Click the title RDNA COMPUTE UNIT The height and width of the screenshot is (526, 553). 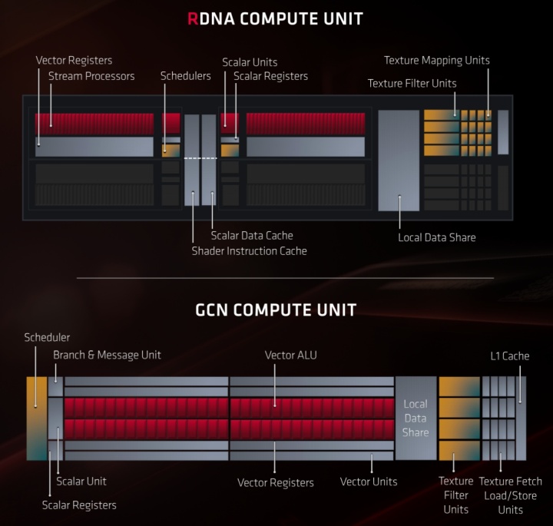click(276, 18)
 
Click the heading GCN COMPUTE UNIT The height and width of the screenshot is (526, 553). click(276, 310)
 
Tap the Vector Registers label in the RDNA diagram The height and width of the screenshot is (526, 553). click(74, 60)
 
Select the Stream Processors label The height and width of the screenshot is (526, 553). click(91, 76)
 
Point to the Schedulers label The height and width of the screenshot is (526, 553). click(185, 76)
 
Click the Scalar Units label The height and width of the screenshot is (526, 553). click(250, 62)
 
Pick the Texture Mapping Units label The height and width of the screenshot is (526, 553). click(436, 60)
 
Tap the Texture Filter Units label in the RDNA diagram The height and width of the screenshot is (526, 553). click(412, 83)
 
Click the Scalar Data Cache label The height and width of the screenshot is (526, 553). click(252, 235)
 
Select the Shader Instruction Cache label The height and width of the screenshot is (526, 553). click(249, 250)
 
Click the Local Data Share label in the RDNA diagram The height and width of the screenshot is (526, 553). click(436, 237)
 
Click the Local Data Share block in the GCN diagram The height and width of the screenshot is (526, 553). click(416, 418)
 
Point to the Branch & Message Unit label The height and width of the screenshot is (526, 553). click(107, 355)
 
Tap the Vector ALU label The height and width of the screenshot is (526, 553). click(290, 355)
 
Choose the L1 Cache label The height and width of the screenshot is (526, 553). click(510, 356)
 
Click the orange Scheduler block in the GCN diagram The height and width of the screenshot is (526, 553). click(36, 418)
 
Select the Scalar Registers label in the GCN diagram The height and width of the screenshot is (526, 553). click(79, 504)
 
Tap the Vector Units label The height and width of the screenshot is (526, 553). click(369, 481)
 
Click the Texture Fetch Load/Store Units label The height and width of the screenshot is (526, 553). click(510, 495)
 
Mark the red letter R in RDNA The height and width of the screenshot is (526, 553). click(192, 18)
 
